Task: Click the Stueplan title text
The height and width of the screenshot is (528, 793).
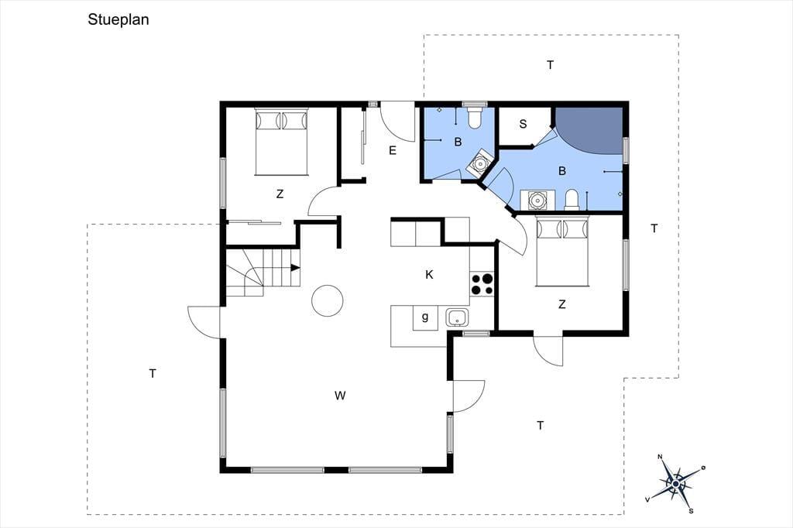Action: tap(118, 19)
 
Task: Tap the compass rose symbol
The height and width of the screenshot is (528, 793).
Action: tap(675, 484)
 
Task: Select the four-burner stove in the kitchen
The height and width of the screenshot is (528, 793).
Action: tap(482, 283)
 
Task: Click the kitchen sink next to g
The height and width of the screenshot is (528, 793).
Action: tap(457, 317)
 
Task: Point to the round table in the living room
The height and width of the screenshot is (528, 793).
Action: tap(328, 300)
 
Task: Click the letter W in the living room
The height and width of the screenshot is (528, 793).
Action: tap(340, 396)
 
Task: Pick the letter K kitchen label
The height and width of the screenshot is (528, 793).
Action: tap(429, 275)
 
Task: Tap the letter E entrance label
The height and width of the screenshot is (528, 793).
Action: tap(393, 150)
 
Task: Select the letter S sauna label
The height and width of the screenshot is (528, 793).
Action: tap(523, 124)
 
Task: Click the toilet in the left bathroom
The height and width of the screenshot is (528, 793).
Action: tap(475, 116)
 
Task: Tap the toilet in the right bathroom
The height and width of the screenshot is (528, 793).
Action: tap(572, 200)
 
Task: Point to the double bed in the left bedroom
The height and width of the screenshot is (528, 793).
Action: tap(281, 141)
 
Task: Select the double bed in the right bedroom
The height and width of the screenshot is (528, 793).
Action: tap(562, 252)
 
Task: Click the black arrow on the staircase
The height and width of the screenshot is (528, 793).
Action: tap(295, 268)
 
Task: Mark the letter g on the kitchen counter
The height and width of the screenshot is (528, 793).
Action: tap(425, 317)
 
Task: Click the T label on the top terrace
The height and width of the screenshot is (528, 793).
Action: tap(551, 65)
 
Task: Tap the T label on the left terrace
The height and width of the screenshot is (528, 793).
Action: tap(153, 374)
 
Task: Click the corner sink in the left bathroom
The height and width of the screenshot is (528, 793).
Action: tap(478, 163)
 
